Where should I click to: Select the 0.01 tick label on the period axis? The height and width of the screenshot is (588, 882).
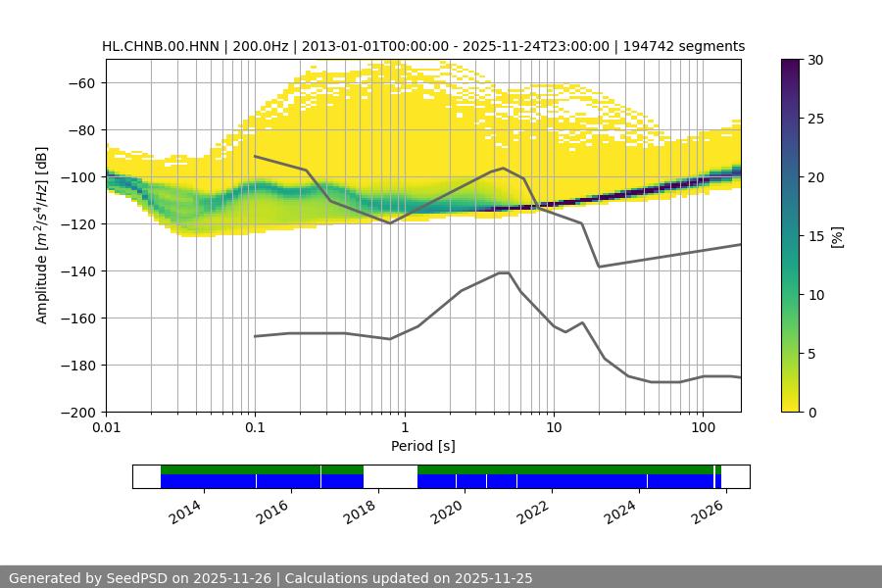106,427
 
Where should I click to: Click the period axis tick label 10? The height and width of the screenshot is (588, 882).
553,427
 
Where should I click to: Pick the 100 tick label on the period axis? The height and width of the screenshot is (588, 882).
702,427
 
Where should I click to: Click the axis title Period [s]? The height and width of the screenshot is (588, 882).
422,446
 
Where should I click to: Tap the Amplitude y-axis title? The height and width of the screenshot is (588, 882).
41,235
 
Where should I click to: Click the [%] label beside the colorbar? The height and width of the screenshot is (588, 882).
837,236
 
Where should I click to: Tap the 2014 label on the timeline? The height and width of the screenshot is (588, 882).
185,511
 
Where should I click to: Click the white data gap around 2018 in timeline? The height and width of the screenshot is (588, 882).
390,476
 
